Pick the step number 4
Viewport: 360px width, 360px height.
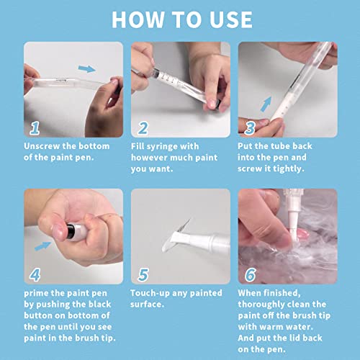tap(34, 274)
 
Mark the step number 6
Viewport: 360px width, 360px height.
tap(250, 274)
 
